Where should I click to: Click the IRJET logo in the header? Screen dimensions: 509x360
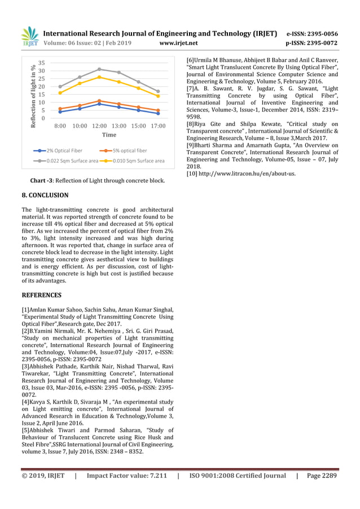point(29,37)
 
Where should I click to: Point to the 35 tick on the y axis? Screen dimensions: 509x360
point(42,63)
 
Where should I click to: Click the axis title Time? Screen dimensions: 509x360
point(109,135)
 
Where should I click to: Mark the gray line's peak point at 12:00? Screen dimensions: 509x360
point(99,69)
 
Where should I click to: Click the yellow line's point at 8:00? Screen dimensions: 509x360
point(60,93)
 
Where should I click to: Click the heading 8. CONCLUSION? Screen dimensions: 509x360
point(45,195)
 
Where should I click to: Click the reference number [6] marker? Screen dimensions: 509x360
point(191,60)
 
